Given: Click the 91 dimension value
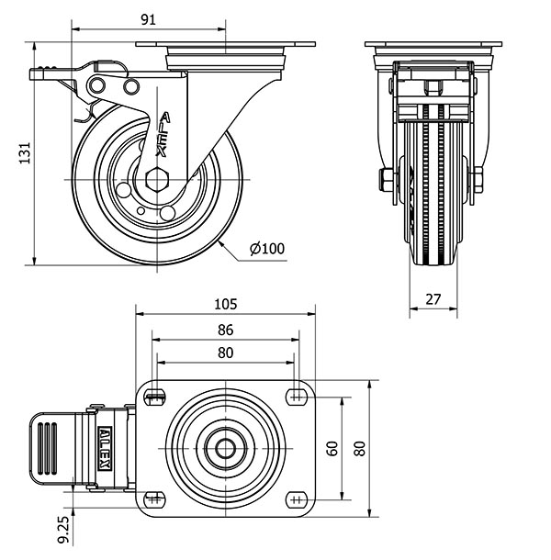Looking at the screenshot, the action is [148, 19].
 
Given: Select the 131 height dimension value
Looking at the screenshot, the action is [25, 153].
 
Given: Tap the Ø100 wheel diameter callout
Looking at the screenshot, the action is [267, 249].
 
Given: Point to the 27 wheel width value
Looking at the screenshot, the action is [433, 299].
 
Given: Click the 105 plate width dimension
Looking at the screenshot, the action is [226, 304].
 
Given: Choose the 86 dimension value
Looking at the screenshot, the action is [226, 330].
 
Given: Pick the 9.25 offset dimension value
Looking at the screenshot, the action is [63, 530].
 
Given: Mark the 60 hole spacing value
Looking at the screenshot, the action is [332, 449].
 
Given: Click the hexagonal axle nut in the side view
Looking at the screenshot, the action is [157, 179].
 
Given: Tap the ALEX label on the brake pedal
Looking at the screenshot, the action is [105, 449].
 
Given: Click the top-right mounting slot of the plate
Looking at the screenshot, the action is [297, 397].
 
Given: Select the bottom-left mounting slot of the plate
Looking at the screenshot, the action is [154, 499].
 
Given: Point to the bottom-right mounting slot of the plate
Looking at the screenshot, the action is [297, 499].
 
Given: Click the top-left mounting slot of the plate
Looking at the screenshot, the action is [154, 397].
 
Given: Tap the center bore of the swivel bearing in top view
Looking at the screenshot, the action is [226, 449].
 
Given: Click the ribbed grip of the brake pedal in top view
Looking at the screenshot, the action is [47, 449].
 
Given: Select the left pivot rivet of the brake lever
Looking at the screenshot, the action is [97, 85].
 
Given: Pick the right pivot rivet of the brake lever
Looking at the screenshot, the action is [131, 86].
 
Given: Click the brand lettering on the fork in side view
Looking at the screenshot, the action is [163, 135].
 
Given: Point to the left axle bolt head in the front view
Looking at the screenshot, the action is [385, 180].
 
